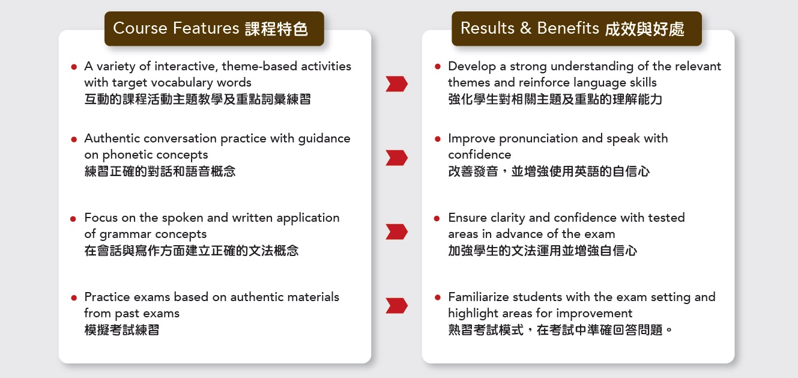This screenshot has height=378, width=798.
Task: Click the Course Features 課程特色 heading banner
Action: click(214, 28)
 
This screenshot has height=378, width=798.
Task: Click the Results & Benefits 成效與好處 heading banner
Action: click(576, 28)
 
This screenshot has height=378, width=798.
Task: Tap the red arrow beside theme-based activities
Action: click(396, 84)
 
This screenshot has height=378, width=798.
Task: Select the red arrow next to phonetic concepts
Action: click(396, 157)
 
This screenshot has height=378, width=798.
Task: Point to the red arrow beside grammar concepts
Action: click(396, 232)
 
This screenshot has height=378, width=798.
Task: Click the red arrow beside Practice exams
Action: click(396, 306)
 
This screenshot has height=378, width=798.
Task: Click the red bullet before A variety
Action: click(74, 67)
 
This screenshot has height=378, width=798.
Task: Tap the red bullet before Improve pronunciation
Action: click(438, 139)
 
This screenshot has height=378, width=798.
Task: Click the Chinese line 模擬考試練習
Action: click(121, 330)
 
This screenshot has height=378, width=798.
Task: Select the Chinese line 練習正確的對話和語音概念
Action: click(160, 171)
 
